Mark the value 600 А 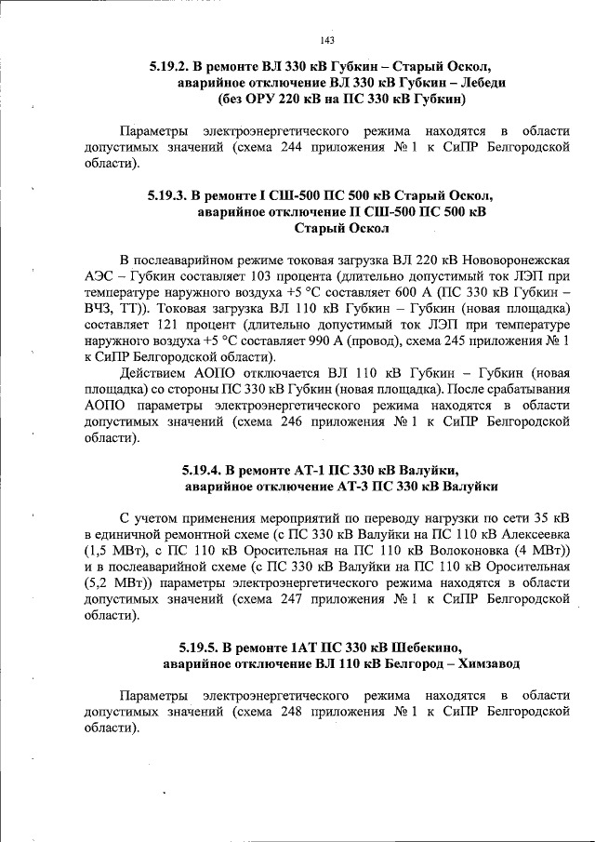tap(384, 291)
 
